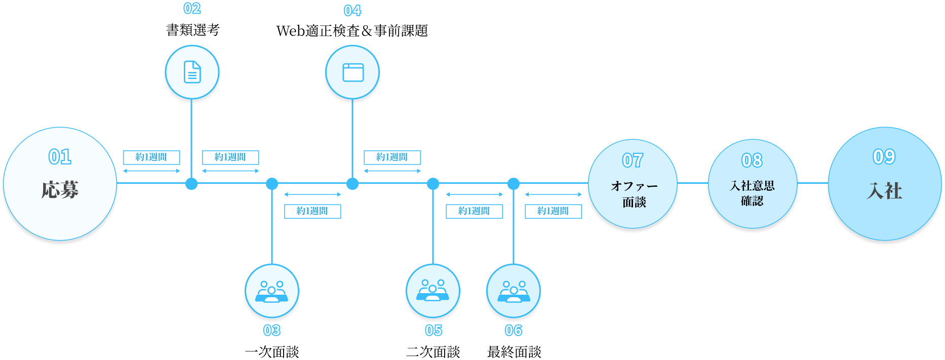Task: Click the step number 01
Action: coord(60,157)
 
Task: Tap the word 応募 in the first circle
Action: coord(60,190)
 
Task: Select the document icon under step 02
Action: coord(191,72)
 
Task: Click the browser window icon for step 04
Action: coord(353,72)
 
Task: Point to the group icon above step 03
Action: coord(272,292)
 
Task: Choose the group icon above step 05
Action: coord(432,292)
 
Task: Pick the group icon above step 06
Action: coord(514,292)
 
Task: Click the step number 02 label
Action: coord(192,9)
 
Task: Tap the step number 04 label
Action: coord(352,11)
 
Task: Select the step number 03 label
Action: coord(271,331)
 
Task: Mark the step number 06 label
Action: coord(513,331)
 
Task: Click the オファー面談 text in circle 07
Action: coord(634,194)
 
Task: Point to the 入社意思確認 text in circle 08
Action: coord(752,193)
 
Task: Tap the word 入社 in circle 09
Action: coord(884,191)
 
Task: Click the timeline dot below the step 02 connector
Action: coord(191,184)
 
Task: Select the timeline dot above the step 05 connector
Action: coord(433,184)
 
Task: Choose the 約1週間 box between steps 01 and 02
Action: coord(151,157)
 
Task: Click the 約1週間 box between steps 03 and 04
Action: coord(312,211)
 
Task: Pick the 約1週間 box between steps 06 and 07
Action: coord(553,211)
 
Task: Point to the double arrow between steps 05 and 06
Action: coord(474,194)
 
